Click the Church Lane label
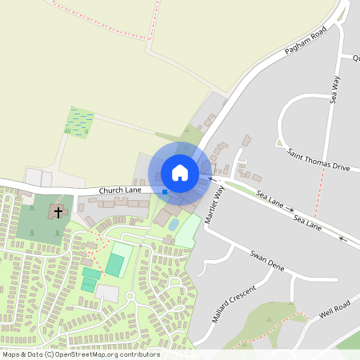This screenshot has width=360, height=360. pyautogui.click(x=120, y=190)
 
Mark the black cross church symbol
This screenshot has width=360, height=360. pyautogui.click(x=58, y=212)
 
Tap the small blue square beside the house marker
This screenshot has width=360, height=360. pyautogui.click(x=165, y=191)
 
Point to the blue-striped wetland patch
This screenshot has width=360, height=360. pyautogui.click(x=78, y=122)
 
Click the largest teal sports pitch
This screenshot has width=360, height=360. pyautogui.click(x=115, y=265)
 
